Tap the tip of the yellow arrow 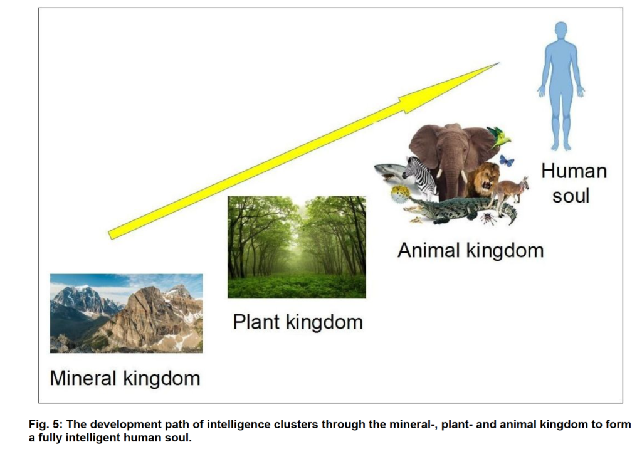[x=500, y=63]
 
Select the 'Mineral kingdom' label [x=125, y=378]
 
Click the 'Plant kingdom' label [x=298, y=322]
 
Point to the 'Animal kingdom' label [x=470, y=250]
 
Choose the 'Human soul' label [x=573, y=183]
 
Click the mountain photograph [x=126, y=313]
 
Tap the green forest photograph [x=297, y=247]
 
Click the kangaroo [x=509, y=193]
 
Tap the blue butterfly [x=507, y=160]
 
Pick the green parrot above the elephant [x=501, y=137]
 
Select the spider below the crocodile [x=488, y=219]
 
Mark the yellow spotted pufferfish [x=401, y=194]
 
